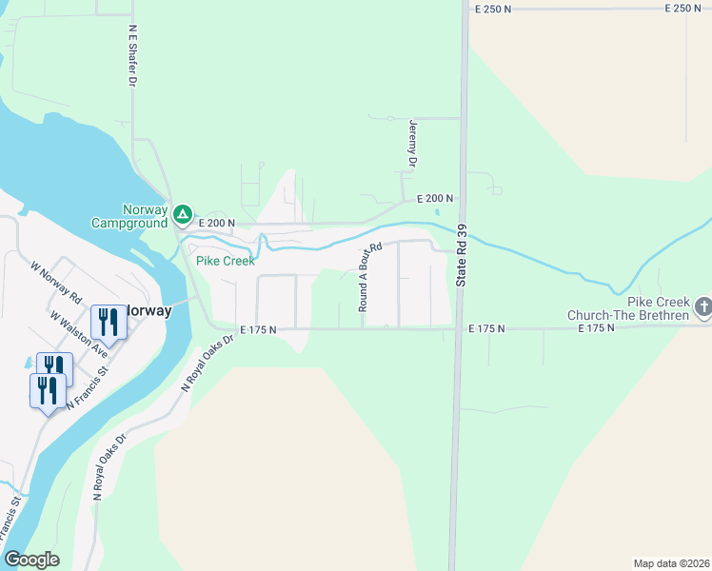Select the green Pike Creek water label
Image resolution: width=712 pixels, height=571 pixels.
225,261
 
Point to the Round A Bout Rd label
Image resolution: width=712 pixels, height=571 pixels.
369,277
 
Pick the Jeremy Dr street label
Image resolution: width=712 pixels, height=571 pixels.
413,144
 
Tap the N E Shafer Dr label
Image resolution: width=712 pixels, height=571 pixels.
132,55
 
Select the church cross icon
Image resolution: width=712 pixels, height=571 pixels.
702,306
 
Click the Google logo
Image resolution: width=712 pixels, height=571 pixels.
31,560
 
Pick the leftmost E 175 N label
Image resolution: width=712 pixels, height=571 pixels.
258,329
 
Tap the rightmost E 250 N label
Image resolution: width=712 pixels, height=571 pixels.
682,8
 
